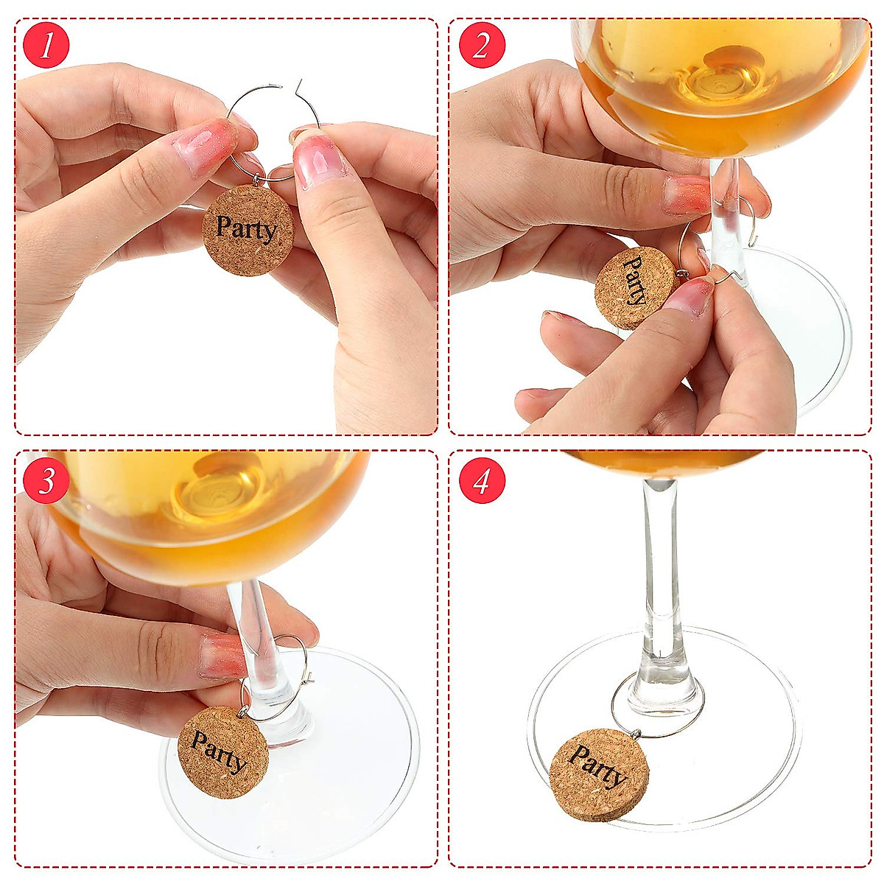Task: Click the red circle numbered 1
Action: (46, 46)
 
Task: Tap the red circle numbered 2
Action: (482, 46)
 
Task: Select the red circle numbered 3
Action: (46, 481)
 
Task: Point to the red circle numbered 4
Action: (482, 481)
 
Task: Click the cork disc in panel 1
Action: (248, 231)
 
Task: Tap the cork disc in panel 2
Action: (634, 288)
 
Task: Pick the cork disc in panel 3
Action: (222, 751)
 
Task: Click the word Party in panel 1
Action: (247, 228)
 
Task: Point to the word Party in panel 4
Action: (597, 766)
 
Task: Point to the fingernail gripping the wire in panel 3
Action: (222, 654)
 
